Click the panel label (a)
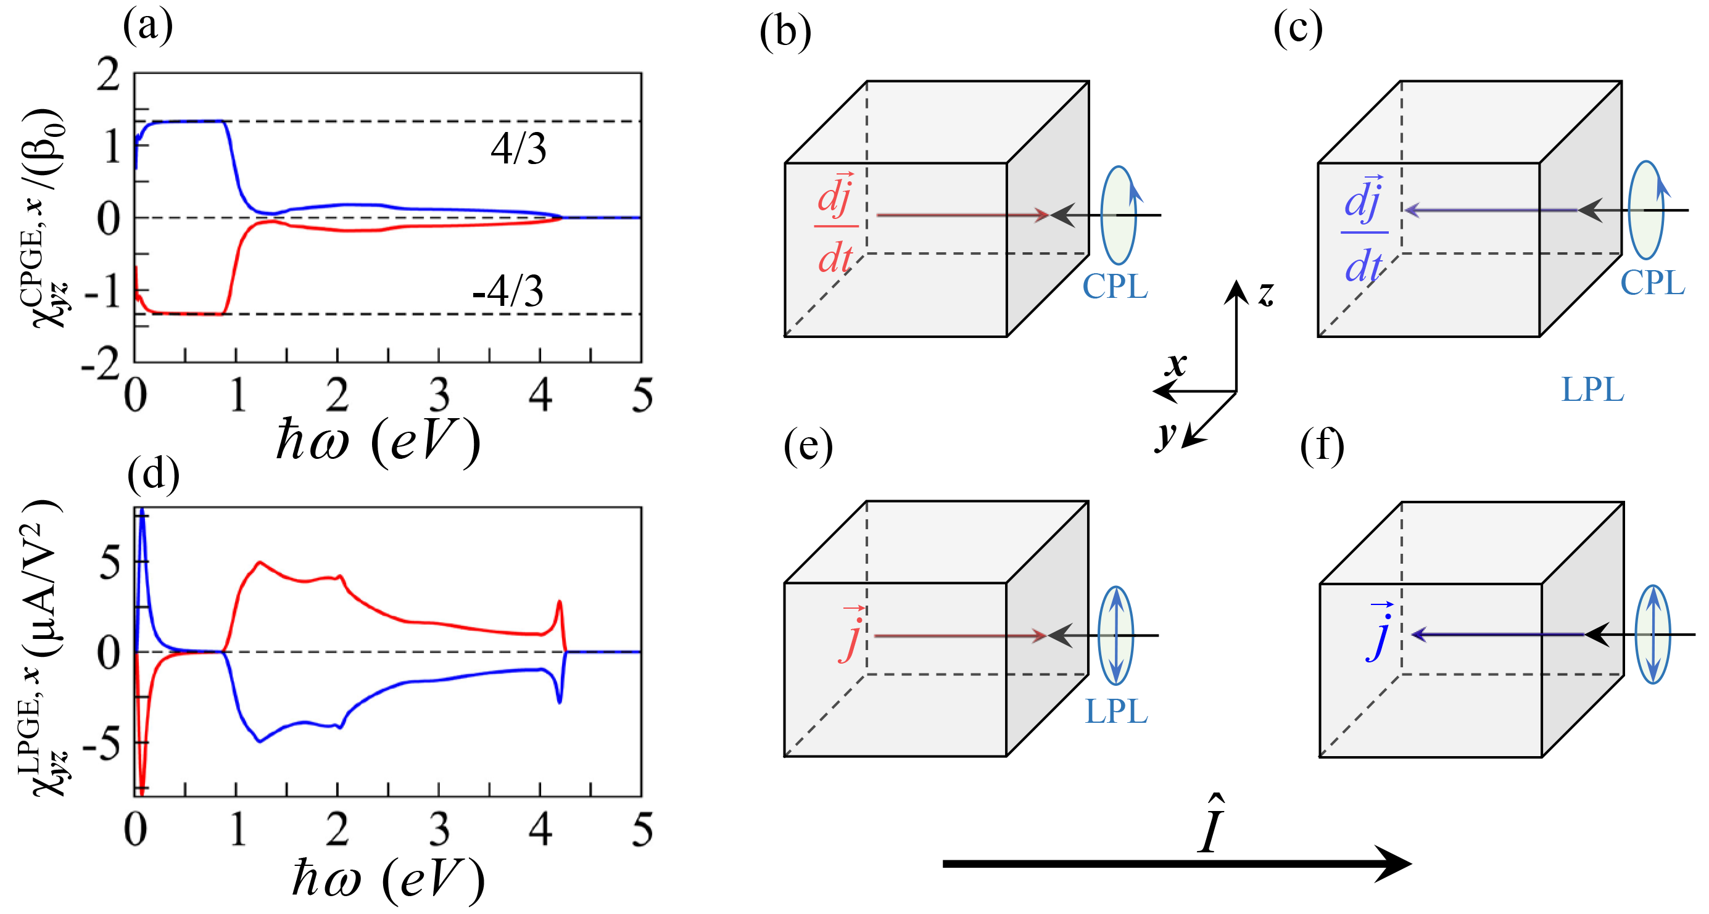tap(147, 27)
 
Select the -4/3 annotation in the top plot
tap(508, 291)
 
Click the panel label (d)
tap(152, 475)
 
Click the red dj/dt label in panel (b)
tap(836, 225)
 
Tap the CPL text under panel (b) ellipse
tap(1115, 287)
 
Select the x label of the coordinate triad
tap(1177, 364)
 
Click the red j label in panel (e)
tap(852, 635)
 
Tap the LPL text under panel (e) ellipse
tap(1116, 712)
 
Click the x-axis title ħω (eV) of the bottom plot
tap(388, 879)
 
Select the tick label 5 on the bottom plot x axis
tap(642, 830)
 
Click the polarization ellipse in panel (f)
tap(1653, 634)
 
